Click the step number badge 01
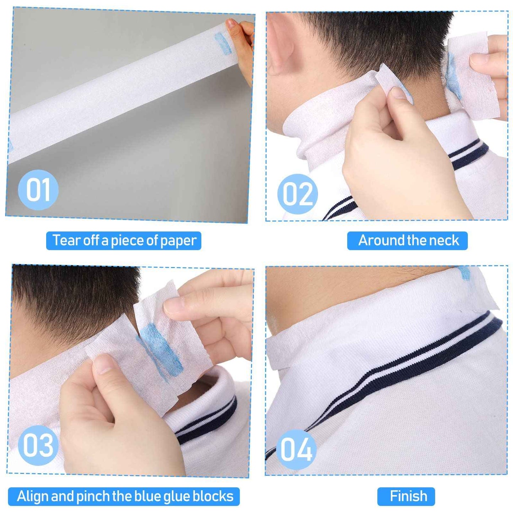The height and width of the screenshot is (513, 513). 38,190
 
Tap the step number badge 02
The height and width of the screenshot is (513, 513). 298,194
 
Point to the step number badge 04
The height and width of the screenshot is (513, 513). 296,449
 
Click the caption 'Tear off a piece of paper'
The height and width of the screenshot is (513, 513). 124,241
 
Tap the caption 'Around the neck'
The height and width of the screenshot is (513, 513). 408,241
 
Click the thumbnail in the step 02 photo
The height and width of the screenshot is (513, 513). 399,93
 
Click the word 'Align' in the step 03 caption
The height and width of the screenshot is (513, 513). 32,496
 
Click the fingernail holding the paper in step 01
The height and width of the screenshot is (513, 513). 231,24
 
